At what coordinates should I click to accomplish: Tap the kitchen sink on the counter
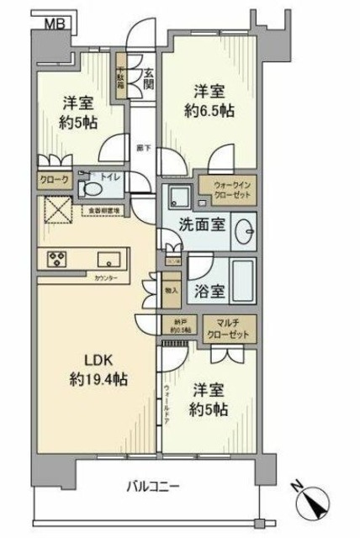click(x=109, y=257)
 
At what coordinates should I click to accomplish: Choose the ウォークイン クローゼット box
click(x=228, y=189)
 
